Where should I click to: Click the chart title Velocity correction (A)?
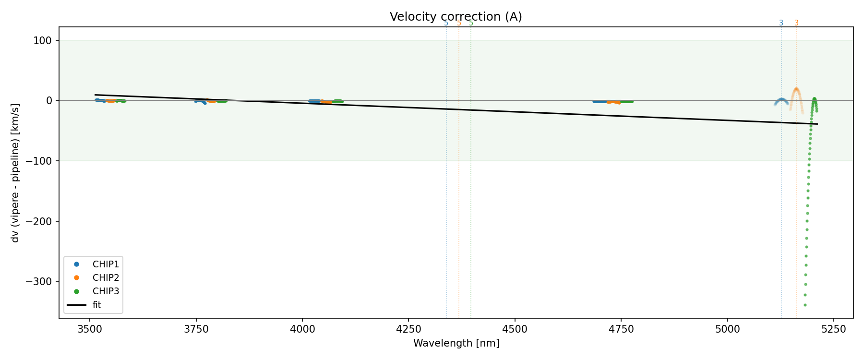(x=456, y=17)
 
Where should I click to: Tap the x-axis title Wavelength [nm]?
(x=456, y=344)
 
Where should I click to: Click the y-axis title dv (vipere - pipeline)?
(x=15, y=173)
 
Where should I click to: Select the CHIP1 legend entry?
(x=106, y=264)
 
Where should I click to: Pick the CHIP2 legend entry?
(x=106, y=277)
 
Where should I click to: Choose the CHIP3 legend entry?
(x=106, y=291)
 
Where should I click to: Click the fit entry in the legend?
(x=96, y=305)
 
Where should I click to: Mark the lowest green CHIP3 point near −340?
(x=805, y=305)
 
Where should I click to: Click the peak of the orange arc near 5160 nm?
(x=796, y=89)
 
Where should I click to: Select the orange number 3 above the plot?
(x=796, y=23)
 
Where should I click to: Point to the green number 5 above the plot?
(x=471, y=23)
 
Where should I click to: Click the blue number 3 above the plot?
(x=781, y=23)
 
